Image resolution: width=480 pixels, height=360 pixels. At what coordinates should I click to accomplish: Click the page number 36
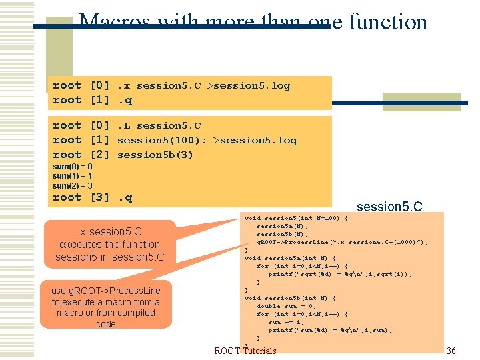[x=451, y=351]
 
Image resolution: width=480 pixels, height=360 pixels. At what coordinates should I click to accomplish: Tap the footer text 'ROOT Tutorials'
[x=245, y=351]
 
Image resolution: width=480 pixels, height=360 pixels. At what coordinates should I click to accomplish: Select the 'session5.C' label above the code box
[x=389, y=207]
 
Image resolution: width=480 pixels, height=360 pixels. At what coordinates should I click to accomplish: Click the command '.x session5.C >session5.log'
[x=204, y=85]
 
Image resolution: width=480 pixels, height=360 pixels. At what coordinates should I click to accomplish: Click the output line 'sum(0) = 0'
[x=72, y=166]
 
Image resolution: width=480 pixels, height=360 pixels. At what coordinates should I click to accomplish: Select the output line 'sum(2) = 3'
[x=72, y=185]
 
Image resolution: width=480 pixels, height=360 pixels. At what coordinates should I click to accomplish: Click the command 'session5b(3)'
[x=155, y=155]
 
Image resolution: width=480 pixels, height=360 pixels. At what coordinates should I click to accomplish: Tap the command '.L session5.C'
[x=159, y=125]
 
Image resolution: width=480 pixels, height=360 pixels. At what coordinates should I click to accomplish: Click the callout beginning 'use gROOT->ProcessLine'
[x=106, y=307]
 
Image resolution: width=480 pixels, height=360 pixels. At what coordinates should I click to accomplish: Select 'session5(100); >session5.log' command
[x=207, y=140]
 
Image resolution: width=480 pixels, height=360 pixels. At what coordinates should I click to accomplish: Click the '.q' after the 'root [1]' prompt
[x=125, y=100]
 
